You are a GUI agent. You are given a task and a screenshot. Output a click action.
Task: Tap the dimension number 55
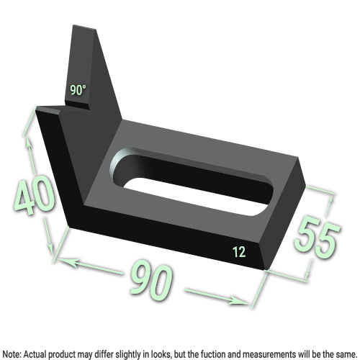317,237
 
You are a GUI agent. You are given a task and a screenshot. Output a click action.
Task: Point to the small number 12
239,251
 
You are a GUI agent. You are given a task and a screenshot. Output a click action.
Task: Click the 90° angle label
78,91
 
